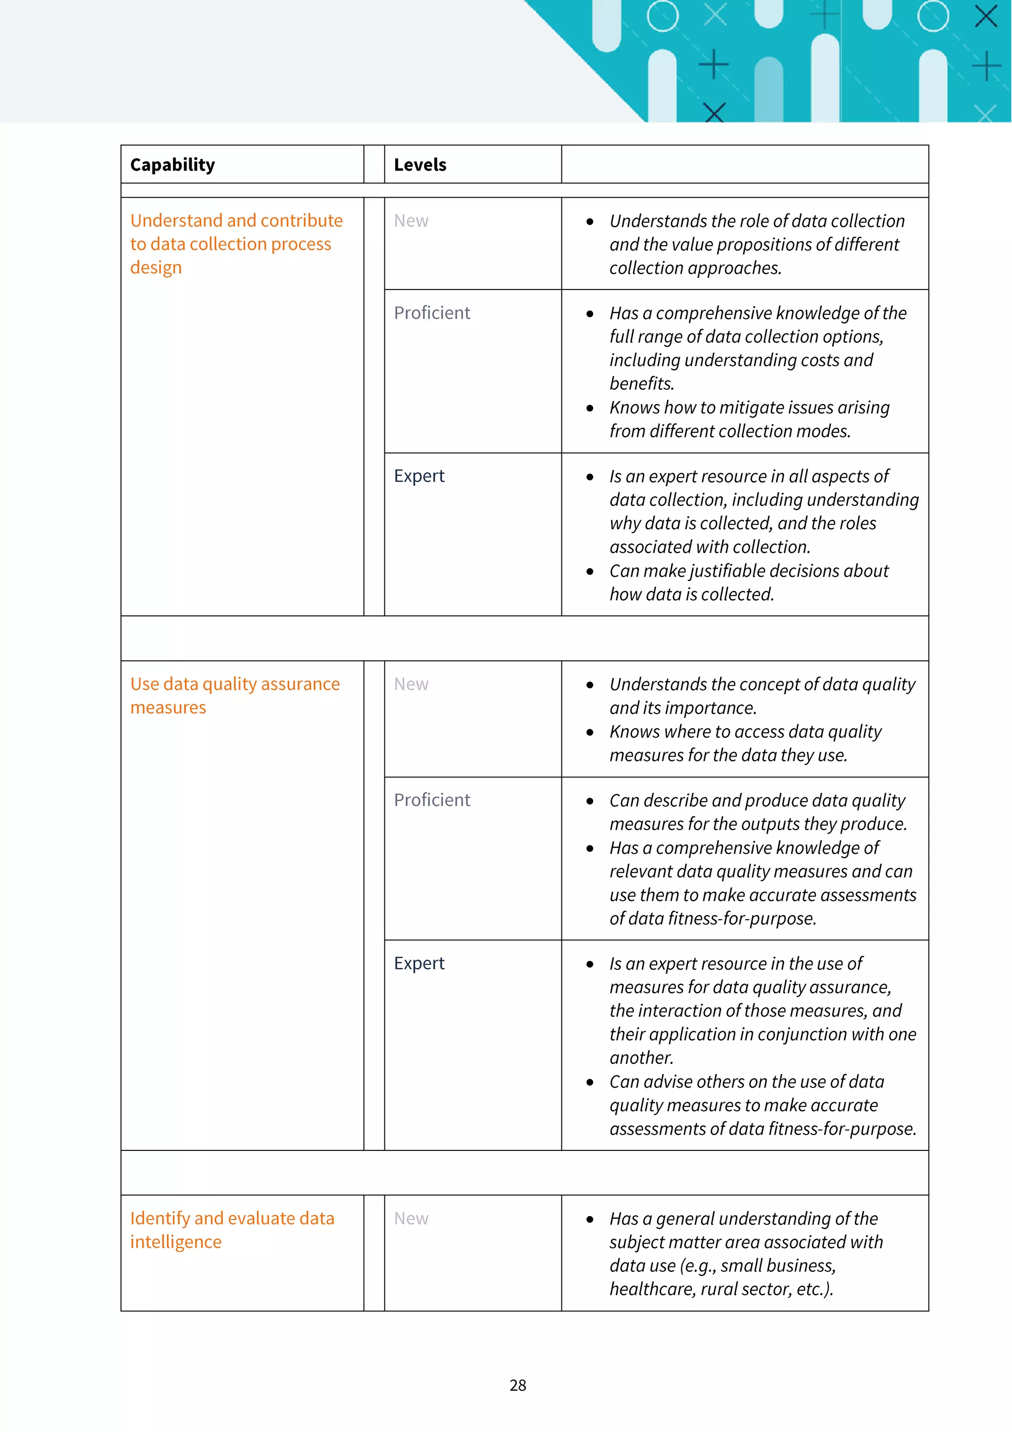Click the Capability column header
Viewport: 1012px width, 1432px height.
[x=172, y=165]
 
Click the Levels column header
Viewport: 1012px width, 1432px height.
[x=420, y=165]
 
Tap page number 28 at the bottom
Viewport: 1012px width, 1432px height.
[x=517, y=1385]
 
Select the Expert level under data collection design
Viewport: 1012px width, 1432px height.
[x=419, y=476]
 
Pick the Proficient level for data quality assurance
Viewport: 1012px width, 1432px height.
[x=431, y=800]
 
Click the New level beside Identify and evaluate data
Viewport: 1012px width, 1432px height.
[x=411, y=1218]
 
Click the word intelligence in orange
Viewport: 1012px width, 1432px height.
[x=176, y=1242]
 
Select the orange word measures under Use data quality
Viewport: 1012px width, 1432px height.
[x=168, y=708]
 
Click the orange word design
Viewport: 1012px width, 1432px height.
[x=156, y=267]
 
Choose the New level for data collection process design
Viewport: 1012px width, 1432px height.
[x=411, y=221]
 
